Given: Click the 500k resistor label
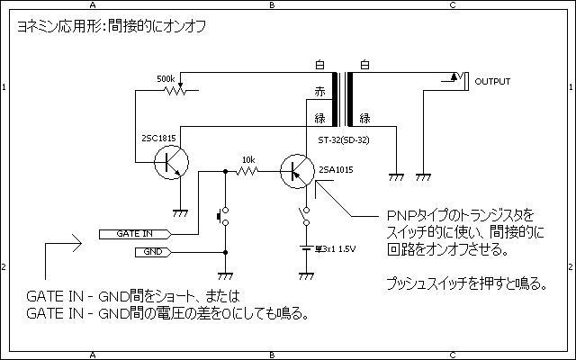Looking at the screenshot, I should [166, 79].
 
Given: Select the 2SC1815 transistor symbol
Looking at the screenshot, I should [168, 163].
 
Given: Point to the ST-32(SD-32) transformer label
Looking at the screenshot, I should [344, 139].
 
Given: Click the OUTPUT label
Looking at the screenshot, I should [491, 82].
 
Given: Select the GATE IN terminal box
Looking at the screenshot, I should [135, 233].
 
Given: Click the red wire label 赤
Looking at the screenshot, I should [319, 92].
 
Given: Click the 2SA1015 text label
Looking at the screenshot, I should [335, 170].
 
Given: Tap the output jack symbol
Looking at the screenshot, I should [455, 81].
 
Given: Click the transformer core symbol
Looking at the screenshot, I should [343, 99].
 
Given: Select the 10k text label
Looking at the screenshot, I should [247, 158].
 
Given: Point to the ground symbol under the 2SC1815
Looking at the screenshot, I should [179, 211].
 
